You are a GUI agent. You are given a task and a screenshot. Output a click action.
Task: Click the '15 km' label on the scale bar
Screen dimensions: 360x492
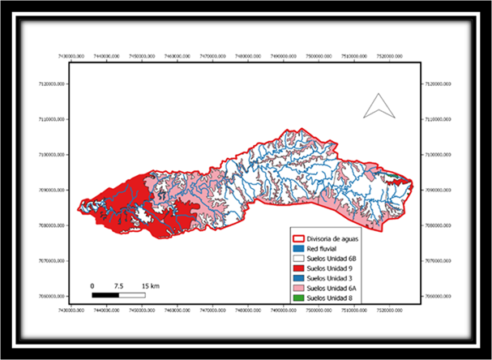coord(149,285)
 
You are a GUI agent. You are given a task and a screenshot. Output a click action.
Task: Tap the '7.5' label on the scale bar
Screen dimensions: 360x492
coord(118,285)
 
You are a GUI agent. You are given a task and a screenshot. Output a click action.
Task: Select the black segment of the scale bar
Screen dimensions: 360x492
coord(105,294)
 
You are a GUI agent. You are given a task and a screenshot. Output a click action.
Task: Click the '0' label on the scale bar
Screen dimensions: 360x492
coord(92,285)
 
